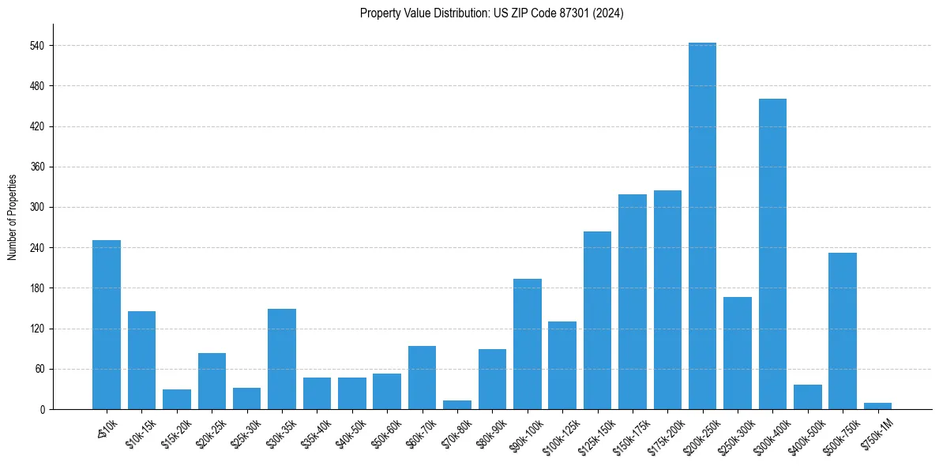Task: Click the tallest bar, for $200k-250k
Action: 702,226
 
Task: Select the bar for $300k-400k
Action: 772,254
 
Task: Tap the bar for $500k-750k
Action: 842,331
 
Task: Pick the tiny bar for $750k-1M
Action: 877,406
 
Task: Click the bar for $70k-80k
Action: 457,405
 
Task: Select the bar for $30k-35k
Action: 282,359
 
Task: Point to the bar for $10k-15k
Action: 141,360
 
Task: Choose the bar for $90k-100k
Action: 528,344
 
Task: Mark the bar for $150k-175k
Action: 633,302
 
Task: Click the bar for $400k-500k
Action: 807,396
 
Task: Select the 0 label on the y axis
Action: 43,410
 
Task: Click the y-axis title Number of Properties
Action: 13,217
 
